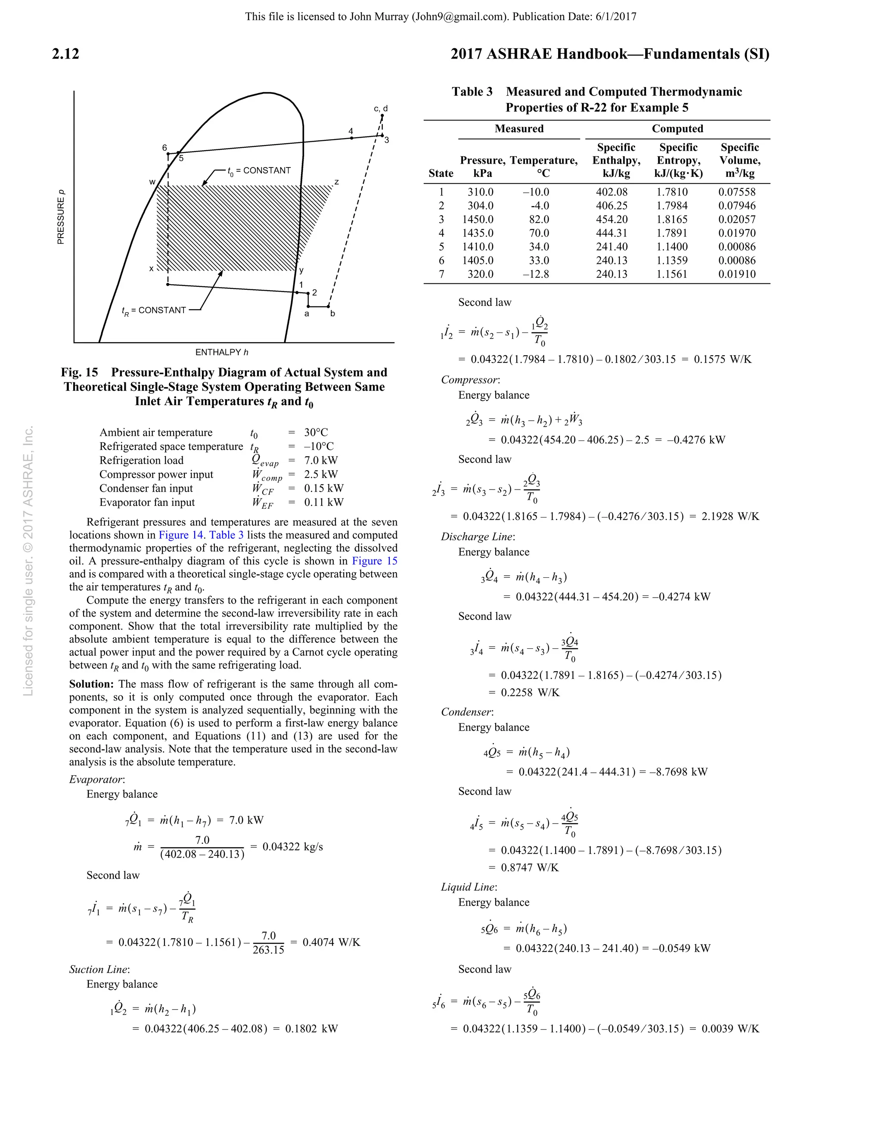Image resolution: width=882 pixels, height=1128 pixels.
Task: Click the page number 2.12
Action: point(65,54)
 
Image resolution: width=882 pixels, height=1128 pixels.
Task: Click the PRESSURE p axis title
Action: point(61,217)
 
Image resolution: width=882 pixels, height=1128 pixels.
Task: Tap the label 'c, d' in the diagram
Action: point(381,108)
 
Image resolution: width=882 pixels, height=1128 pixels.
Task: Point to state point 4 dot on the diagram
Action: point(352,138)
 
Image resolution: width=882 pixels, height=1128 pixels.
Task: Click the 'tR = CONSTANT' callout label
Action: point(154,310)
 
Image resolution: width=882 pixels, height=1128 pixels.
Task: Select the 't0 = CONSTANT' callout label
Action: point(259,170)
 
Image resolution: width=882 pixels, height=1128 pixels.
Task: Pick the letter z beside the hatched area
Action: point(336,182)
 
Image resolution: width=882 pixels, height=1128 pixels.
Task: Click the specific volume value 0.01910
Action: point(736,274)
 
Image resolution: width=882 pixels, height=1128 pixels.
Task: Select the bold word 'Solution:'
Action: point(91,685)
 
